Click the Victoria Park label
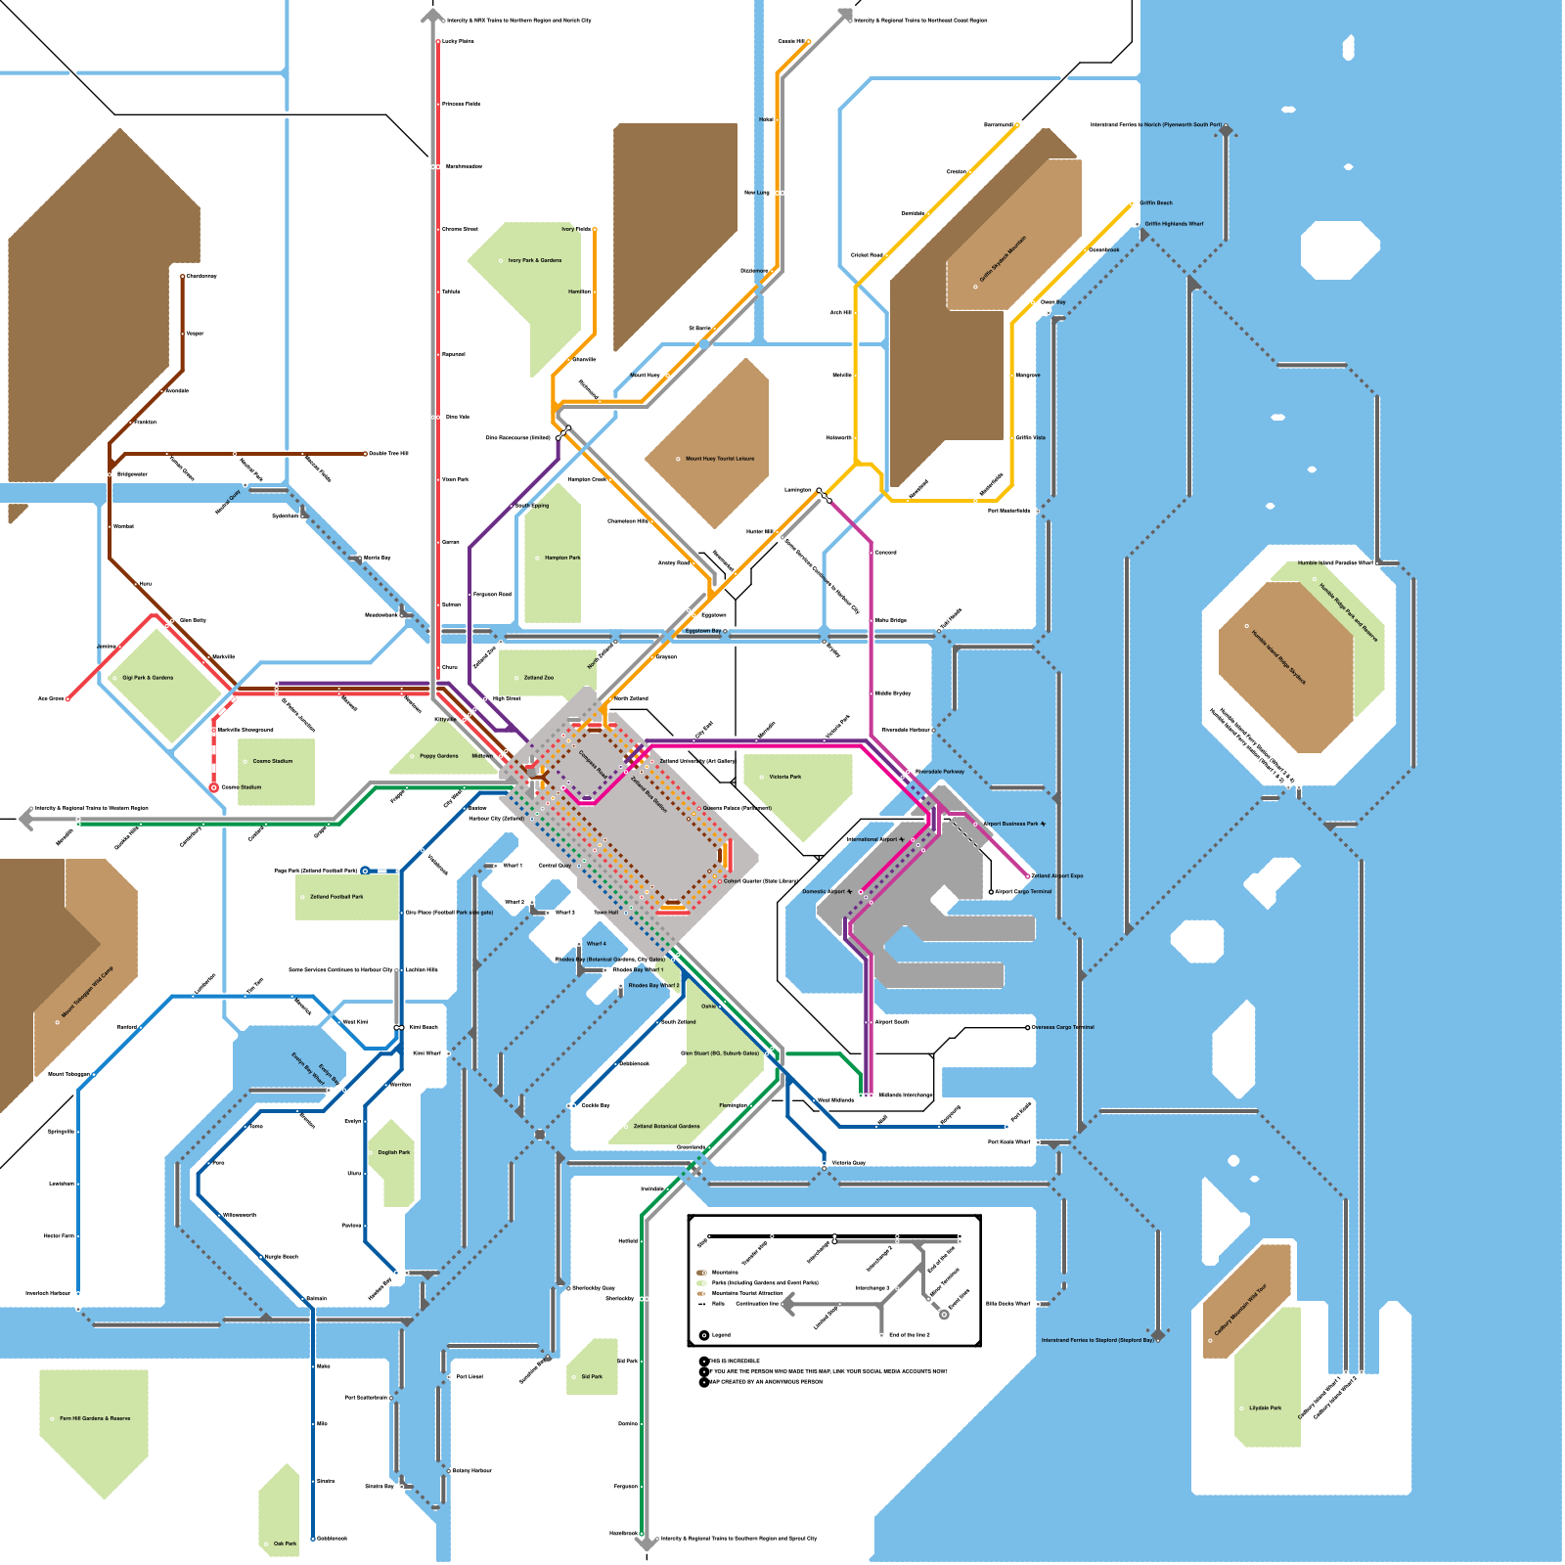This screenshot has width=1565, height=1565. point(784,777)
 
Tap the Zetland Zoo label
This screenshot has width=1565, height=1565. point(538,677)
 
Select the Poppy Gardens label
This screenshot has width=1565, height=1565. point(438,756)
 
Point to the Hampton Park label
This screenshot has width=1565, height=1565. point(562,558)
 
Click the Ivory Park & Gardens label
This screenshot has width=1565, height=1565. point(534,260)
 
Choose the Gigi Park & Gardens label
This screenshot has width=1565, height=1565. point(148,677)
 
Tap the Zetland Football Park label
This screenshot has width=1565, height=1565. point(336,896)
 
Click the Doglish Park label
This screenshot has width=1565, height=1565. point(394,1152)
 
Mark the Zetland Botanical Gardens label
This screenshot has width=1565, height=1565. point(666,1126)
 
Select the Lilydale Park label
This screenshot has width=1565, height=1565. point(1265,1408)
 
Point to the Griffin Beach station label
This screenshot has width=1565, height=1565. point(1155,203)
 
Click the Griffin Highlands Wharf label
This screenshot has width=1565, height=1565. point(1174,224)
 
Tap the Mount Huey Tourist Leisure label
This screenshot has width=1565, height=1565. point(719,459)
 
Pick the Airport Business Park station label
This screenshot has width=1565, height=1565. point(1013,824)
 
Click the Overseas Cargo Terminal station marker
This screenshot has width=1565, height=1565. point(1028,1027)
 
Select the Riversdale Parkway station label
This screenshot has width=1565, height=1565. point(939,772)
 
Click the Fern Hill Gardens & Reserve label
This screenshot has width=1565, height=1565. point(94,1418)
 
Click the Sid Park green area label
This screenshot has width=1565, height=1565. point(592,1376)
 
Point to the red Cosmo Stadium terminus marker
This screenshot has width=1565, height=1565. point(213,787)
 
